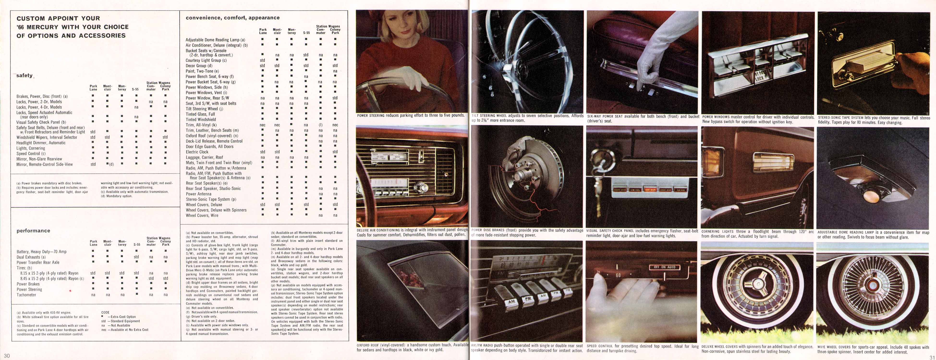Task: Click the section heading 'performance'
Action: tap(33, 231)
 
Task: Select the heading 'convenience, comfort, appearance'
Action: tap(232, 18)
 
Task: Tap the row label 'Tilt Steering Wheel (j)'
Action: tap(204, 109)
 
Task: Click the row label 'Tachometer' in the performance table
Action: tap(26, 295)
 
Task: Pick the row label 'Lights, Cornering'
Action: tap(30, 148)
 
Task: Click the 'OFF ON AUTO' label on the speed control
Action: tap(664, 267)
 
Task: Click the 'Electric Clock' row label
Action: tap(197, 152)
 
